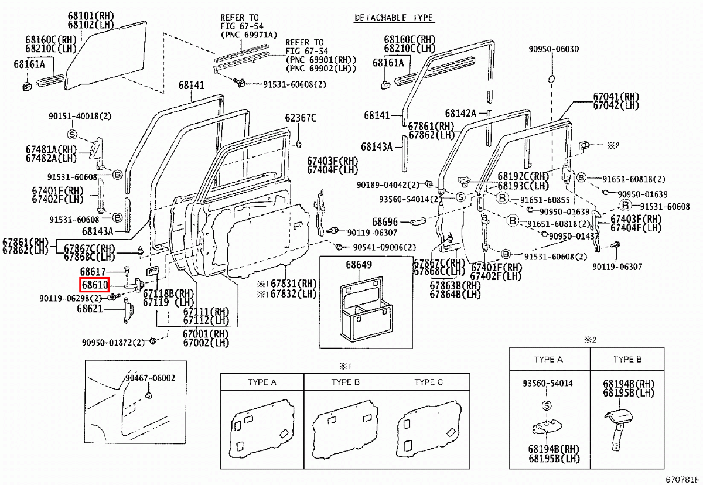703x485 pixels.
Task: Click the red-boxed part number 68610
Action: pyautogui.click(x=94, y=285)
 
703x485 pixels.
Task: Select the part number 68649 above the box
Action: pyautogui.click(x=359, y=265)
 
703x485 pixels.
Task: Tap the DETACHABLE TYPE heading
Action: pyautogui.click(x=394, y=18)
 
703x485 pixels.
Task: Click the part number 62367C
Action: pyautogui.click(x=301, y=118)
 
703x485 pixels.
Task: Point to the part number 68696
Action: pyautogui.click(x=385, y=222)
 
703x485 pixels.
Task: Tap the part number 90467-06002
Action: pyautogui.click(x=150, y=378)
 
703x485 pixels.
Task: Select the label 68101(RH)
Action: pyautogui.click(x=93, y=15)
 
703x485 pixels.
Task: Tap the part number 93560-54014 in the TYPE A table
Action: pyautogui.click(x=548, y=383)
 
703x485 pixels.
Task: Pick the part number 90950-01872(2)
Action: pyautogui.click(x=113, y=342)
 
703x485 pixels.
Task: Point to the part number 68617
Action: pyautogui.click(x=93, y=272)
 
